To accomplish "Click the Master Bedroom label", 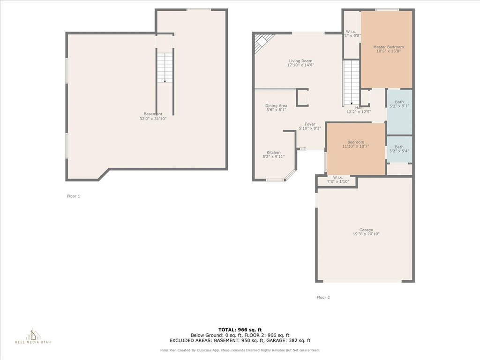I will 388,49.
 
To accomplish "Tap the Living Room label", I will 300,63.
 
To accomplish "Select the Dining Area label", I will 276,108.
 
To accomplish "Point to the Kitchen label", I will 274,155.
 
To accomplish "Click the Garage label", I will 366,232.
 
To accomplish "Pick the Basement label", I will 153,116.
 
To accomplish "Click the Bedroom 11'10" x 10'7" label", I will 355,144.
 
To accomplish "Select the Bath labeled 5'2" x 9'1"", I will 399,104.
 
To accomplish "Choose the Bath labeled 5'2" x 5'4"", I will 399,149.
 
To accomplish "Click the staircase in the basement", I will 165,68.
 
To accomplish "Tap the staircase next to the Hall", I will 351,83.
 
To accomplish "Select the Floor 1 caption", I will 74,196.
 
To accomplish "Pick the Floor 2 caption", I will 323,297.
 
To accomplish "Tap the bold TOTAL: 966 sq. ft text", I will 240,330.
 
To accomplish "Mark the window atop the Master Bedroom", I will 387,10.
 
